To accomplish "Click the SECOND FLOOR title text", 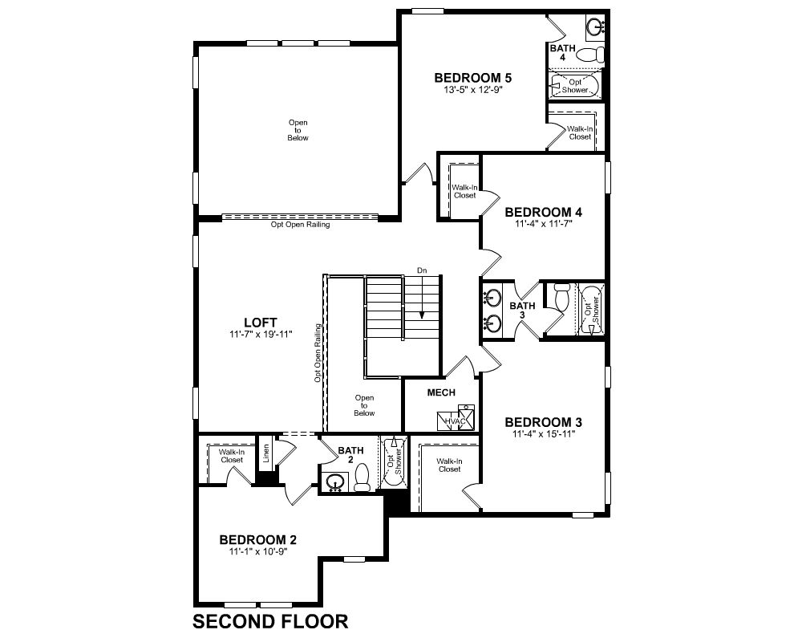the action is click(x=270, y=621).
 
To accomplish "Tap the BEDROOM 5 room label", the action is click(x=472, y=78).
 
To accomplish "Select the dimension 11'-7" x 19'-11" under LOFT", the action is click(x=261, y=335).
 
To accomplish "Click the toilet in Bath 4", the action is click(x=592, y=55).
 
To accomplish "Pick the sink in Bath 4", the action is click(x=595, y=26).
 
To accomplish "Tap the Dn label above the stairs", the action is click(x=422, y=270).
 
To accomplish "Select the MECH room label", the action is click(x=441, y=392).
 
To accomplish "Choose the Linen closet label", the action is click(x=266, y=453).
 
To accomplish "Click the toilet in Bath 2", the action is click(x=363, y=477).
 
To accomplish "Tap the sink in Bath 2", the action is click(x=335, y=482).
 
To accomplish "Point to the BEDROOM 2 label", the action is click(x=257, y=539).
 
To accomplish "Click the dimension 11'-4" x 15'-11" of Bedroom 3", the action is click(x=545, y=434).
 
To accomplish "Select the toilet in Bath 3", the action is click(x=562, y=296).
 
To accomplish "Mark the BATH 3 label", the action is click(x=522, y=311).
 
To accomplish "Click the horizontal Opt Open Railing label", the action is click(x=300, y=224).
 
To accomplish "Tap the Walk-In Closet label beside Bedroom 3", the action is click(x=450, y=465).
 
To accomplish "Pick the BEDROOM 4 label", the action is click(x=543, y=212).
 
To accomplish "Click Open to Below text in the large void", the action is click(x=298, y=130).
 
